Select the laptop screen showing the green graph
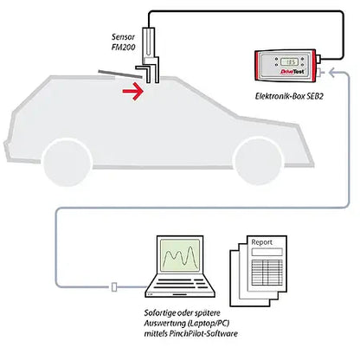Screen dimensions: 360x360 point(181,259)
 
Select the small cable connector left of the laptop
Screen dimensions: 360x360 point(114,286)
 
